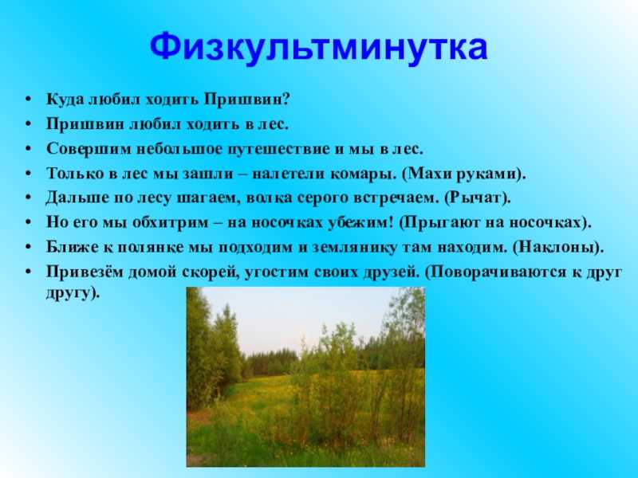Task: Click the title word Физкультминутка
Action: pyautogui.click(x=318, y=47)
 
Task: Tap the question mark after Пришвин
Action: pyautogui.click(x=285, y=99)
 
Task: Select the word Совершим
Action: pyautogui.click(x=88, y=149)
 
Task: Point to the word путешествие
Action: pyautogui.click(x=278, y=149)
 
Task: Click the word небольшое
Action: pyautogui.click(x=178, y=149)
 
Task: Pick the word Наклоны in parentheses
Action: pyautogui.click(x=554, y=248)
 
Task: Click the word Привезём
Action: pyautogui.click(x=85, y=272)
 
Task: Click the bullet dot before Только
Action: pyautogui.click(x=28, y=173)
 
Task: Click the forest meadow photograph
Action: pyautogui.click(x=305, y=377)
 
